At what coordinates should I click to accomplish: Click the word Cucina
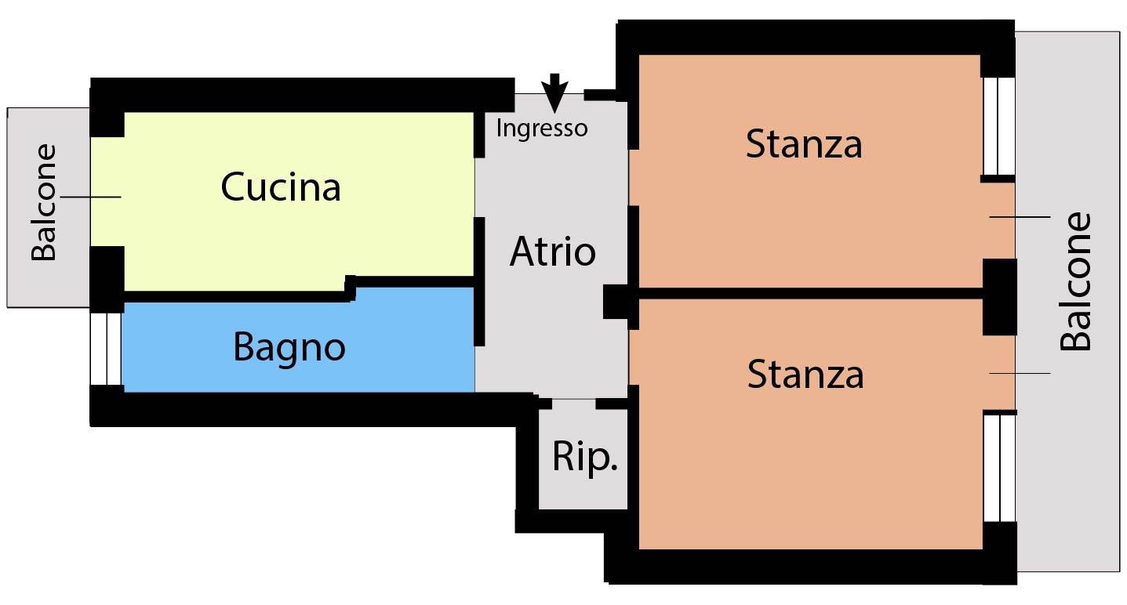click(281, 187)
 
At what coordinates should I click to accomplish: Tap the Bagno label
click(289, 348)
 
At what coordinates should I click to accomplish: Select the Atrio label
click(552, 251)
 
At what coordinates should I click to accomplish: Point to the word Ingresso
click(542, 129)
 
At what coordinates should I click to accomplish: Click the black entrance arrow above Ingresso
click(554, 93)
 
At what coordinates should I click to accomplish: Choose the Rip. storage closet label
click(584, 457)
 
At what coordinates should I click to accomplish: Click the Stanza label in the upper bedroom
click(804, 144)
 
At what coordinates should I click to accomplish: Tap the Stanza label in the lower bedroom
click(805, 374)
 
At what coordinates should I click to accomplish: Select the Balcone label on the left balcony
click(43, 202)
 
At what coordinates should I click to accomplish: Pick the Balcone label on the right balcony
click(1074, 281)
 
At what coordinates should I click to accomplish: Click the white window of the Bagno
click(106, 349)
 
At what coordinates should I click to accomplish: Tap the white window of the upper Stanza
click(998, 126)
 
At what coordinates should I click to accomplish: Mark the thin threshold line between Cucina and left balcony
click(90, 197)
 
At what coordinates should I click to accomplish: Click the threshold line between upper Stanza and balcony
click(1020, 217)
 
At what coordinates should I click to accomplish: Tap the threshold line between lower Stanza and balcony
click(1020, 373)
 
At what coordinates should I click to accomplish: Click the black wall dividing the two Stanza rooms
click(810, 293)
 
